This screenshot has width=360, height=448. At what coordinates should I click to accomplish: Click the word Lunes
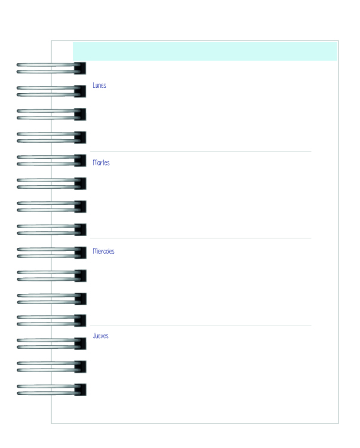point(99,85)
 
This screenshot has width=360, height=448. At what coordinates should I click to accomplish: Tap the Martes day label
point(101,162)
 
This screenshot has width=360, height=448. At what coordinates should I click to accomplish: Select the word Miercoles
point(103,251)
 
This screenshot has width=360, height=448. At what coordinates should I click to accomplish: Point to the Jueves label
point(100,336)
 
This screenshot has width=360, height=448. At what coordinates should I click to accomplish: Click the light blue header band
point(205,51)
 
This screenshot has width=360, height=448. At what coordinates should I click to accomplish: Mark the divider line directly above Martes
point(201,152)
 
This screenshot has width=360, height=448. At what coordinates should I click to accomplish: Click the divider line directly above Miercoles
point(201,238)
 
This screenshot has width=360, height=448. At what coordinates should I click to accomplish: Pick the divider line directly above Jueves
point(201,325)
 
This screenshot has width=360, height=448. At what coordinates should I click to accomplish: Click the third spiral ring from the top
point(51,114)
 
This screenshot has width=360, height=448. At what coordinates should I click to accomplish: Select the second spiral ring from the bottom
point(51,367)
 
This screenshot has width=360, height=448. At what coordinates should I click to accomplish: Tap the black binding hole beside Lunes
point(80,91)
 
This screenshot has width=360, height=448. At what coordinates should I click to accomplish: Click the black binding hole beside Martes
point(80,161)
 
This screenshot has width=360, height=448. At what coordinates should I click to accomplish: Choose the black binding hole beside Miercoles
point(80,253)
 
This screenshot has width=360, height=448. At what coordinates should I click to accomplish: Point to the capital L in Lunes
point(94,85)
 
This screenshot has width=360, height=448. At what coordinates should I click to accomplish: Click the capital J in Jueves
point(94,336)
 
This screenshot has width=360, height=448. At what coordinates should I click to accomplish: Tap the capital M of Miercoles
point(95,251)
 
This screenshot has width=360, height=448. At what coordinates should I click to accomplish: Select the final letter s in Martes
point(108,163)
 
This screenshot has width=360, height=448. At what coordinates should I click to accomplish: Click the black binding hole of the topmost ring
point(80,68)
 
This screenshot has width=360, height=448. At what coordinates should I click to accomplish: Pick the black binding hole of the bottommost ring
point(80,389)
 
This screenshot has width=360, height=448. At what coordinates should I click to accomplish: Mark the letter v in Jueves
point(102,336)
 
